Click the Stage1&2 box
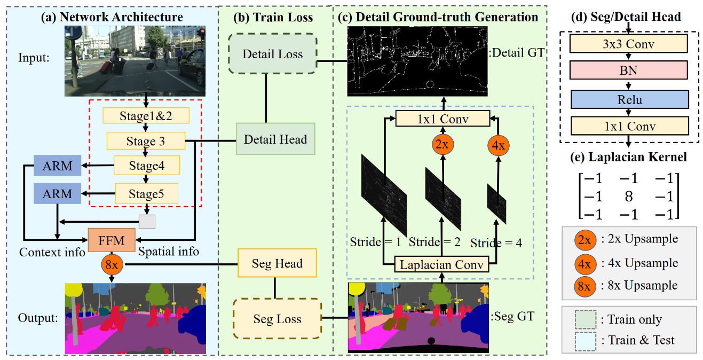point(146,116)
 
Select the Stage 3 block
point(146,141)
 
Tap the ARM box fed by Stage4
point(58,166)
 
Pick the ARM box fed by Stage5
point(58,193)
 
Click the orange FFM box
point(112,240)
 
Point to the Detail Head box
point(275,139)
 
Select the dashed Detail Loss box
point(273,54)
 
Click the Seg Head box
point(277,263)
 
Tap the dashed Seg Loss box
point(278,318)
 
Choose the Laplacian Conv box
point(441,264)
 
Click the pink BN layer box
point(629,70)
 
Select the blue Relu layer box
point(629,99)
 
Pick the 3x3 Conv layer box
point(629,44)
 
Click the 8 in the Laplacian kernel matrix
point(629,197)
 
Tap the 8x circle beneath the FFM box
point(112,264)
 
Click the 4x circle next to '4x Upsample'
point(585,264)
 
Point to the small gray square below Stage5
point(147,222)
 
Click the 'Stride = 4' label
point(496,243)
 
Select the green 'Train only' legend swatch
point(586,319)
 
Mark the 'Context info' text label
point(52,252)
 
